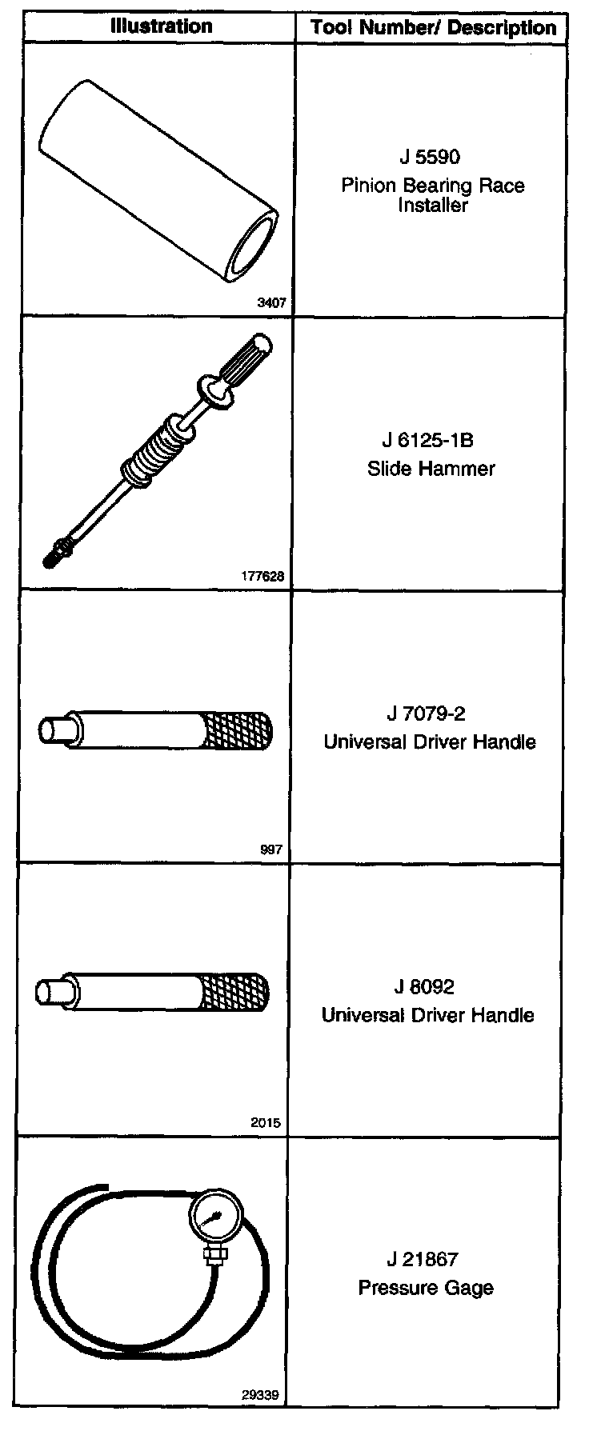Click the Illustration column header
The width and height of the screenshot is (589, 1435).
(x=161, y=26)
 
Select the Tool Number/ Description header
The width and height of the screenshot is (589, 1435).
(x=433, y=28)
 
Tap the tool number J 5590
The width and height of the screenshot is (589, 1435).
(x=430, y=157)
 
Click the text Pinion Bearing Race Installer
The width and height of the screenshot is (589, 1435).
(x=433, y=195)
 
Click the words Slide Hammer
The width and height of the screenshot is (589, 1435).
(x=431, y=469)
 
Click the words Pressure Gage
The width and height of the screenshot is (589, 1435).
(x=425, y=1289)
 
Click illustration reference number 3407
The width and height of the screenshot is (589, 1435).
(x=271, y=303)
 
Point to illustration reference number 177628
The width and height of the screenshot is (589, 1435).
(x=262, y=576)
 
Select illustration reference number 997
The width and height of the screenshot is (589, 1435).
(x=271, y=849)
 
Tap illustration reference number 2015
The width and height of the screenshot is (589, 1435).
(x=266, y=1123)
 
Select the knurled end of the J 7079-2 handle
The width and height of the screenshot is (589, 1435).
(x=239, y=730)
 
